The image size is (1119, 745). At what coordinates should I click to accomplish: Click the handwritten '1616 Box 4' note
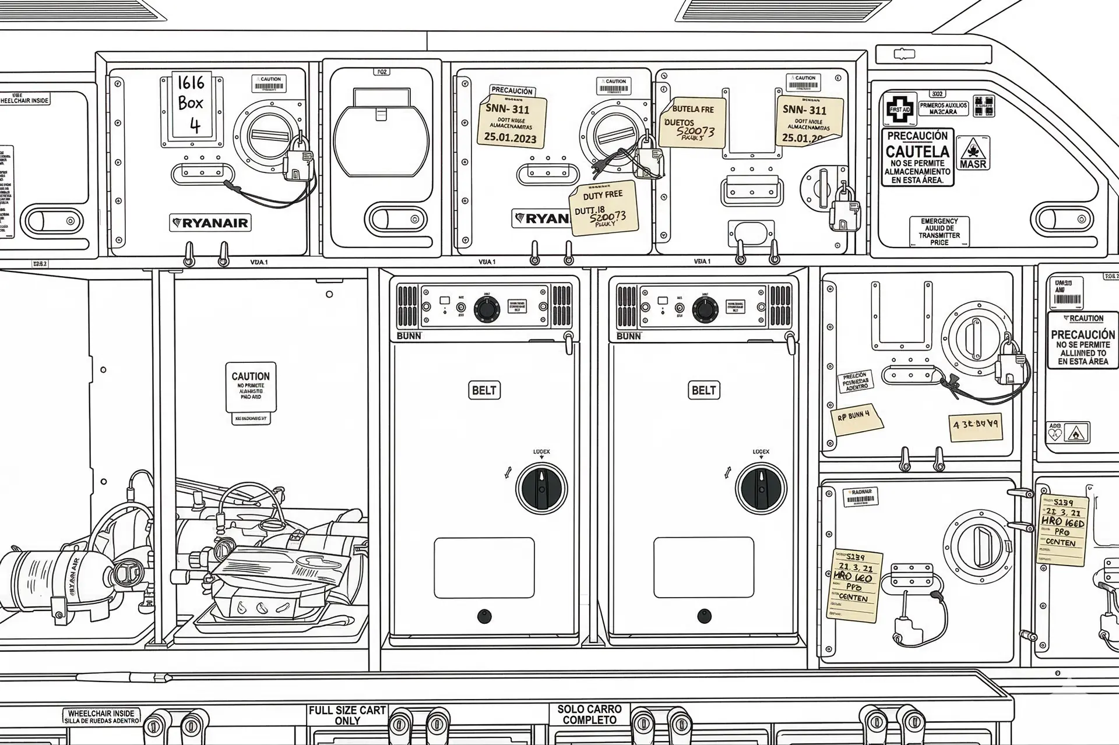point(191,105)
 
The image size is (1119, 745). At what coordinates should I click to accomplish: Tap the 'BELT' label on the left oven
point(484,390)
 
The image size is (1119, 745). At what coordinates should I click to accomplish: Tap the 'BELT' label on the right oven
point(703,390)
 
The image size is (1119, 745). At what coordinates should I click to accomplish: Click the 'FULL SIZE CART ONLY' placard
point(347,715)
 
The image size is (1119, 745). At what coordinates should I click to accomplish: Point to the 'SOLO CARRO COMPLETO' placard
point(589,715)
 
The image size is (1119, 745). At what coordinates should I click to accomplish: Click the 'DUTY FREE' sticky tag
point(603,209)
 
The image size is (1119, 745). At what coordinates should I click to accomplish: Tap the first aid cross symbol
point(899,108)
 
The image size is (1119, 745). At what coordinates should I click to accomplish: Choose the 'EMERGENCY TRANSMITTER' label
point(939,232)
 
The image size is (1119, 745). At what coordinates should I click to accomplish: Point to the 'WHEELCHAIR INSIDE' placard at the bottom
point(101,716)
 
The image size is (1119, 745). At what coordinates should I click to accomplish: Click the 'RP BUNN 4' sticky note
point(854,419)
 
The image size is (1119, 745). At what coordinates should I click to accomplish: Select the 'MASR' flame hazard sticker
point(973,153)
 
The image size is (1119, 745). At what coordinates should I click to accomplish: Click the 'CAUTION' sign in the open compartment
point(251,387)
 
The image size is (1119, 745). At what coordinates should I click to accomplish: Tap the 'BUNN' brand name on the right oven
point(628,336)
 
